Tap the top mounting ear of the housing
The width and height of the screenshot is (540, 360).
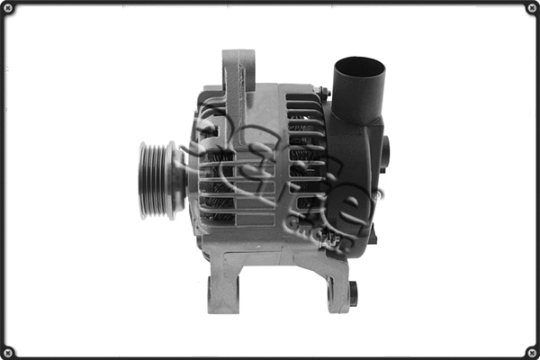pyautogui.click(x=238, y=72)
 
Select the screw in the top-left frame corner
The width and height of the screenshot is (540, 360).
pyautogui.click(x=8, y=8)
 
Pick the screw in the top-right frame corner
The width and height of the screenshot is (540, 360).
pyautogui.click(x=531, y=8)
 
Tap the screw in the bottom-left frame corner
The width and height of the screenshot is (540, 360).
pyautogui.click(x=8, y=351)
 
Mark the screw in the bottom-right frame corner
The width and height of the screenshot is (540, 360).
pyautogui.click(x=531, y=351)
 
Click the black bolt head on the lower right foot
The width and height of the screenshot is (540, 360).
pyautogui.click(x=353, y=292)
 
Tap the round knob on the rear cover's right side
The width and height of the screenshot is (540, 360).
pyautogui.click(x=384, y=153)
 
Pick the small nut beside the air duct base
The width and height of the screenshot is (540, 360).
pyautogui.click(x=321, y=93)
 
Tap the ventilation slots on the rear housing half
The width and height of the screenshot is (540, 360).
pyautogui.click(x=304, y=162)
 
